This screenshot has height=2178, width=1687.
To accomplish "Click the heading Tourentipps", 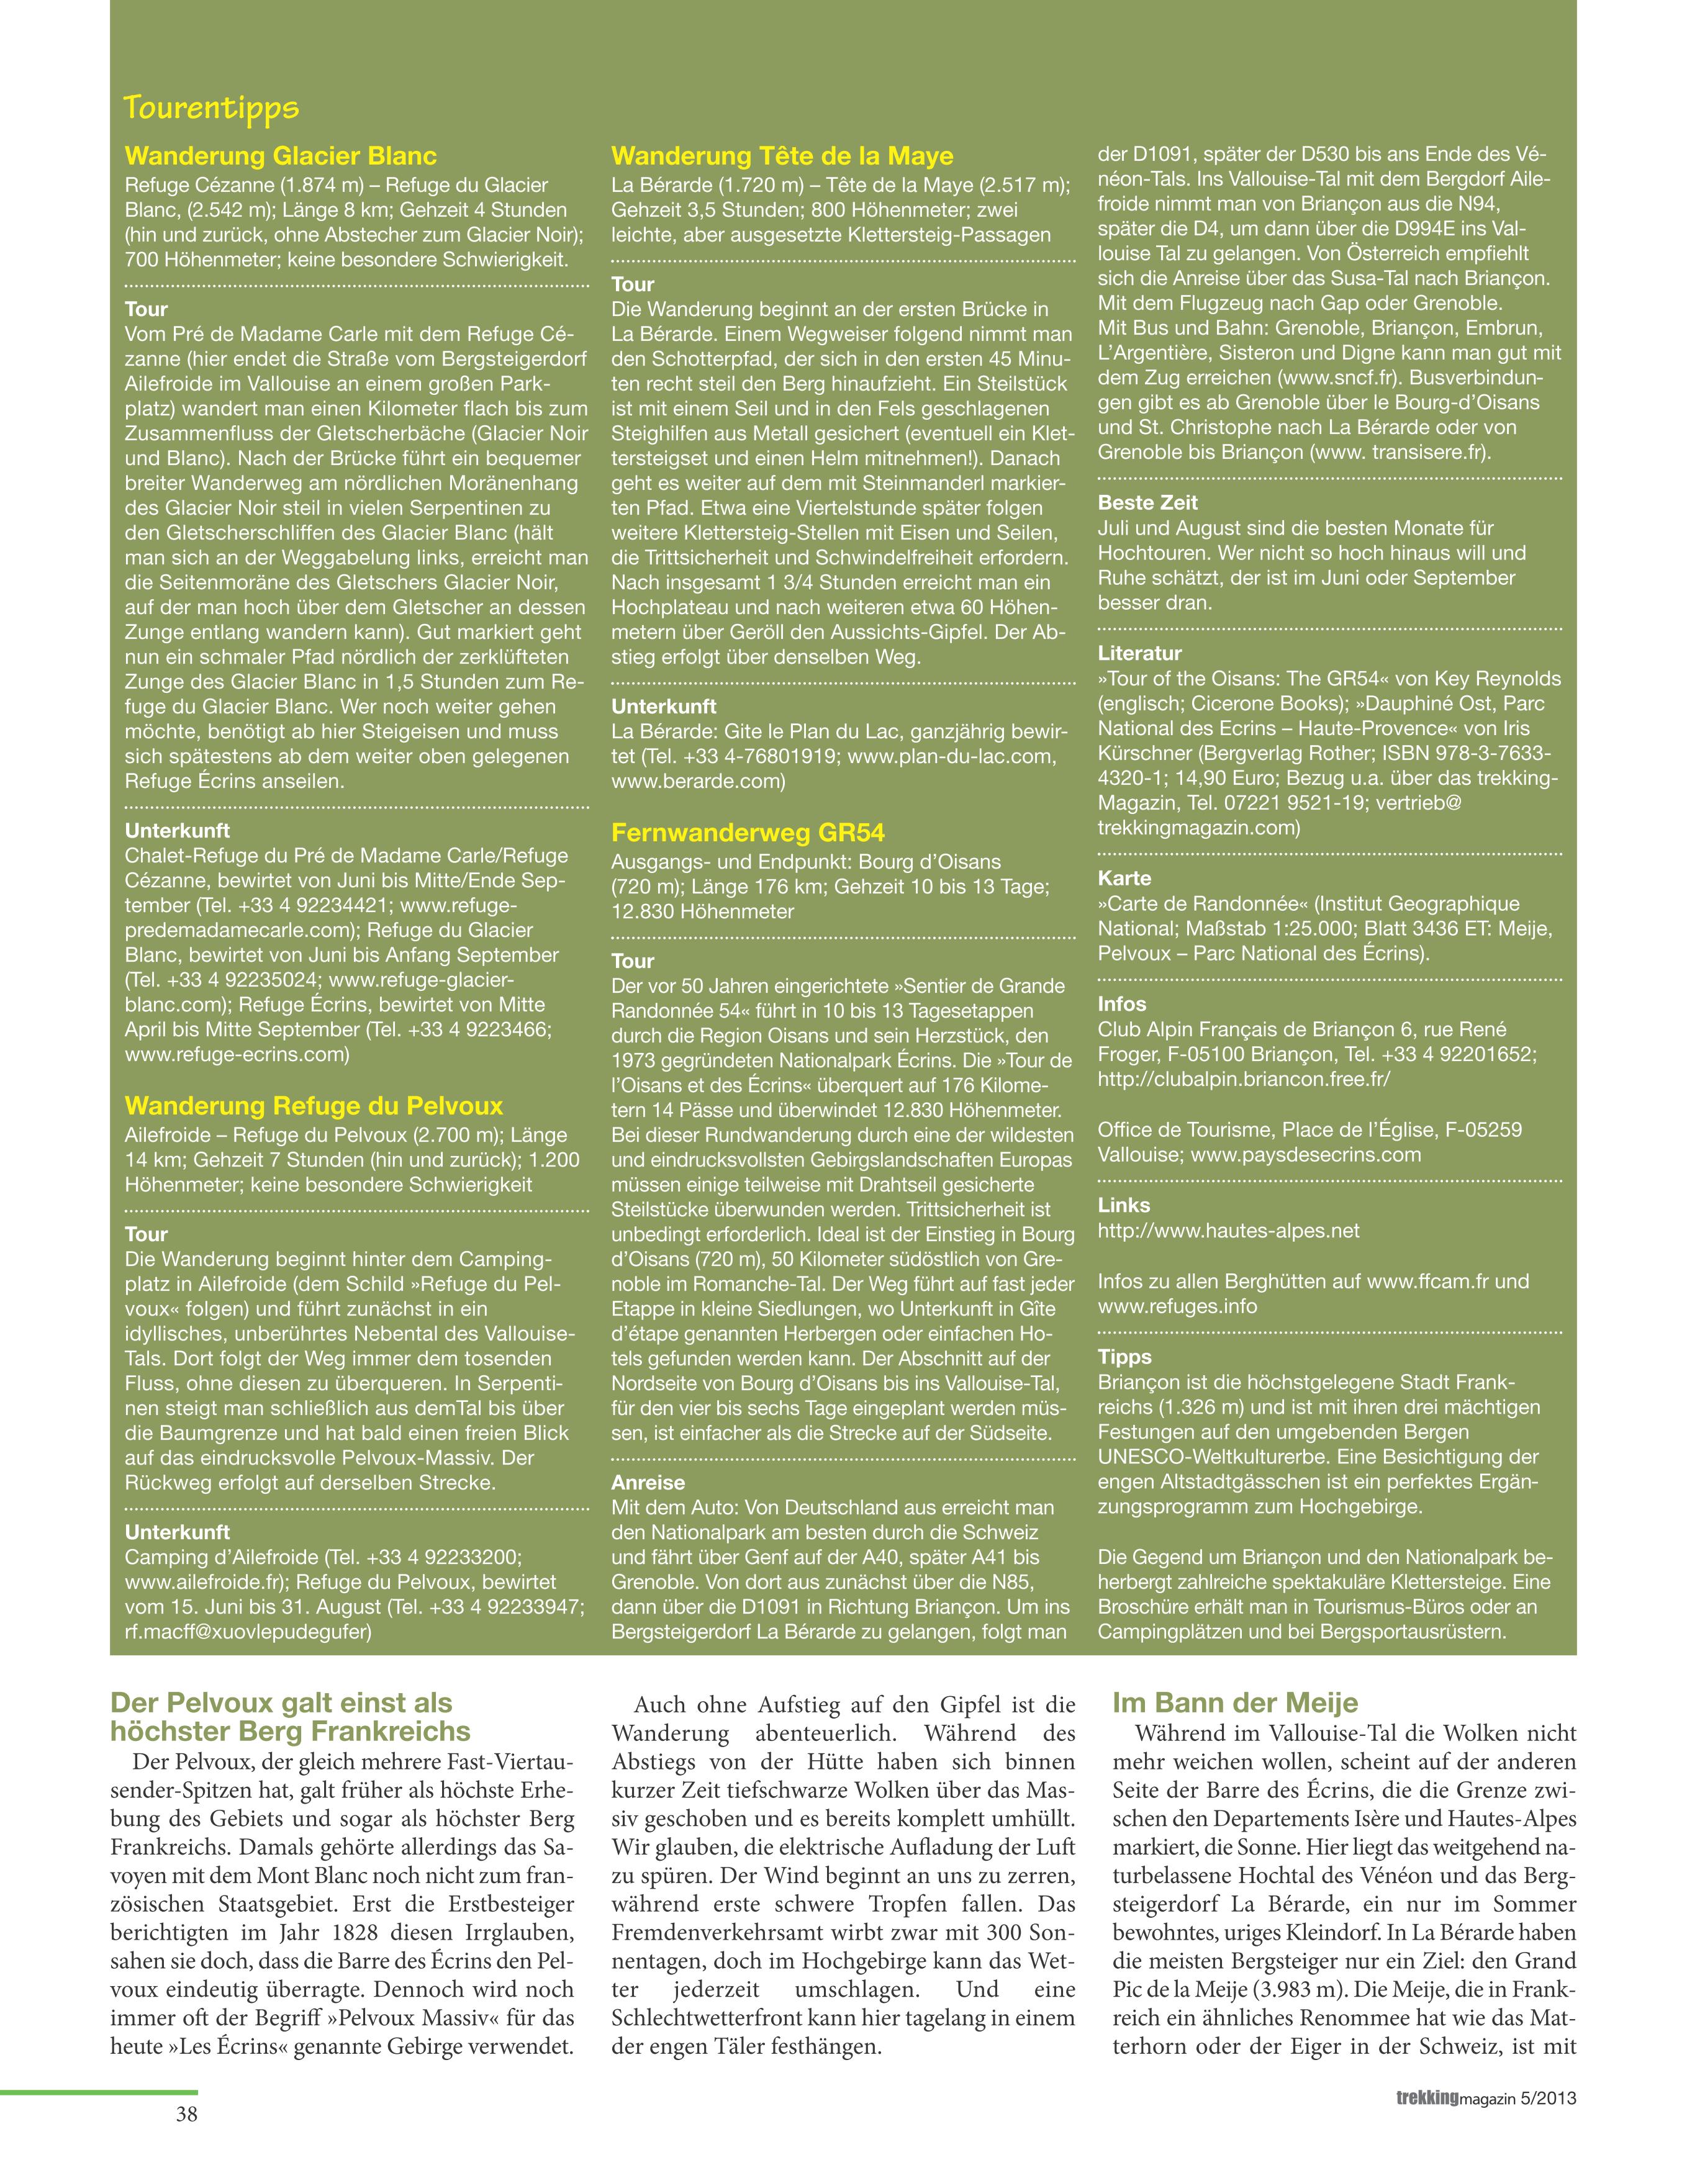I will coord(210,107).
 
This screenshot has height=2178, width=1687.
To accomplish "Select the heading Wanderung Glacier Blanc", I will coord(280,156).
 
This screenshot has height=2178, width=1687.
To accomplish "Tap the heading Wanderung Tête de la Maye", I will coord(782,156).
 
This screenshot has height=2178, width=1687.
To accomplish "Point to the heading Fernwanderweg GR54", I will coord(748,834).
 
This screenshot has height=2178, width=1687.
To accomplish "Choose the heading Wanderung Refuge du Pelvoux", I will coord(313,1106).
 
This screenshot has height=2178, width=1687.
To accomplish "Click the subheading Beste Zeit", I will coord(1147,504).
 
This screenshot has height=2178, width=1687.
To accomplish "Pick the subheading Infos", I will coord(1123,1004).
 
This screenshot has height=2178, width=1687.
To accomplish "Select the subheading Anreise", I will coord(648,1483).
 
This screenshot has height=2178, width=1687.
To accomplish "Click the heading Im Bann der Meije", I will coord(1234,1703).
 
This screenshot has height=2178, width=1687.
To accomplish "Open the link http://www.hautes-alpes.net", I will coord(1228,1231).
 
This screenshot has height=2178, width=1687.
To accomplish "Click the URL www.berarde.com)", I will coord(698,782).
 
